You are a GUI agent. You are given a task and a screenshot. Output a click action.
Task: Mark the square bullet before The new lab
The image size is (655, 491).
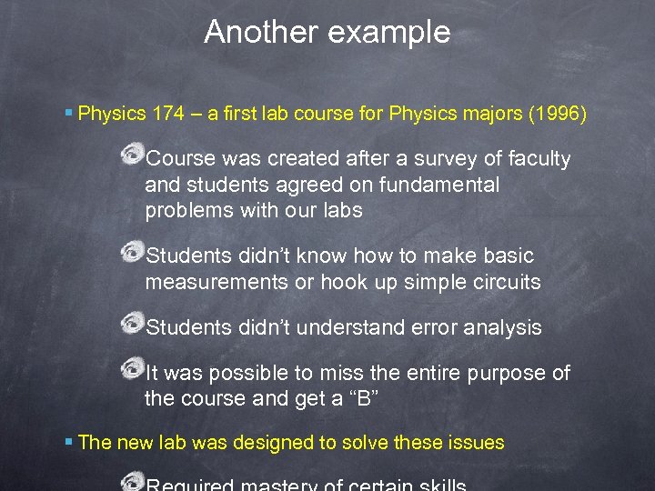tap(70, 443)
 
